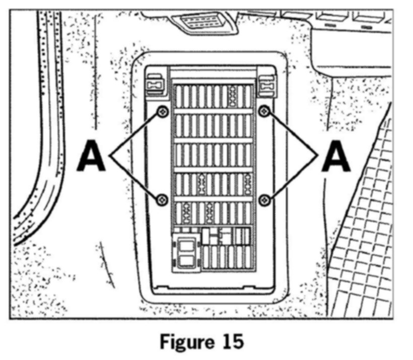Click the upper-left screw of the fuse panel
(162, 111)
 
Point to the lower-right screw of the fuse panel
(265, 200)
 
